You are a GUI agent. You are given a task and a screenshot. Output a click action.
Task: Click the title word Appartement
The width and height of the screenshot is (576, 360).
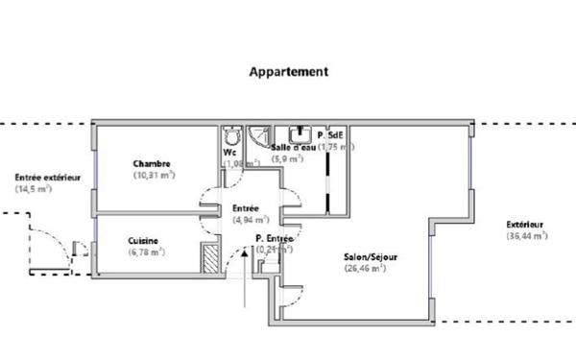[x=289, y=71]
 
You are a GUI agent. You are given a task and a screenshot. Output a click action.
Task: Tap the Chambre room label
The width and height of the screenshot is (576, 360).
[x=153, y=163]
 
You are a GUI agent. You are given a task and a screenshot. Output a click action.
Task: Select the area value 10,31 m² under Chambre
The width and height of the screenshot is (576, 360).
[x=154, y=176]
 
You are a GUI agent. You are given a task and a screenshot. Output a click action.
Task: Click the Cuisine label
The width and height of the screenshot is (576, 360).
[x=143, y=240]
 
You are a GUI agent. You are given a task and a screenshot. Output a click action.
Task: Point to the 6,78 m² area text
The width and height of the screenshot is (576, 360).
[x=146, y=252]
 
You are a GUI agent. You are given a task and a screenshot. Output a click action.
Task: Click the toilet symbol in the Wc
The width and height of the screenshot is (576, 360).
[x=230, y=135]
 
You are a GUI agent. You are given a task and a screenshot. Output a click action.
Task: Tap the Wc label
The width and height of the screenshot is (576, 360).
[x=229, y=152]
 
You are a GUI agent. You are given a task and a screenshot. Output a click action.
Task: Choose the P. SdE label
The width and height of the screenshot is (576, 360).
[x=336, y=134]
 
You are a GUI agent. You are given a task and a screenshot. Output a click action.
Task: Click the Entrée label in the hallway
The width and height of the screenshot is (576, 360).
[x=246, y=207]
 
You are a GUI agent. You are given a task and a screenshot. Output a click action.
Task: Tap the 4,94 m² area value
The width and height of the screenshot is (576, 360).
[x=246, y=220]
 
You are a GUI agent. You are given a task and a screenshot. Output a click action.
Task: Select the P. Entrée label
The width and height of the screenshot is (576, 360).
[x=274, y=238]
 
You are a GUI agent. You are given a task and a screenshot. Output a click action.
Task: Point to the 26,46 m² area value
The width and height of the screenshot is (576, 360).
[x=366, y=269]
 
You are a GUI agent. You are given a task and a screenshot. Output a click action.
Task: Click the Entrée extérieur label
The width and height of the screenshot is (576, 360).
[x=47, y=177]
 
